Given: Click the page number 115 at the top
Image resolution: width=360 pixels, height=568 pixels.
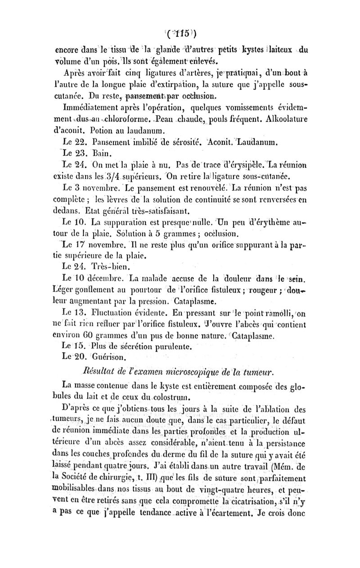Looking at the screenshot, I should pos(180,34).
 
